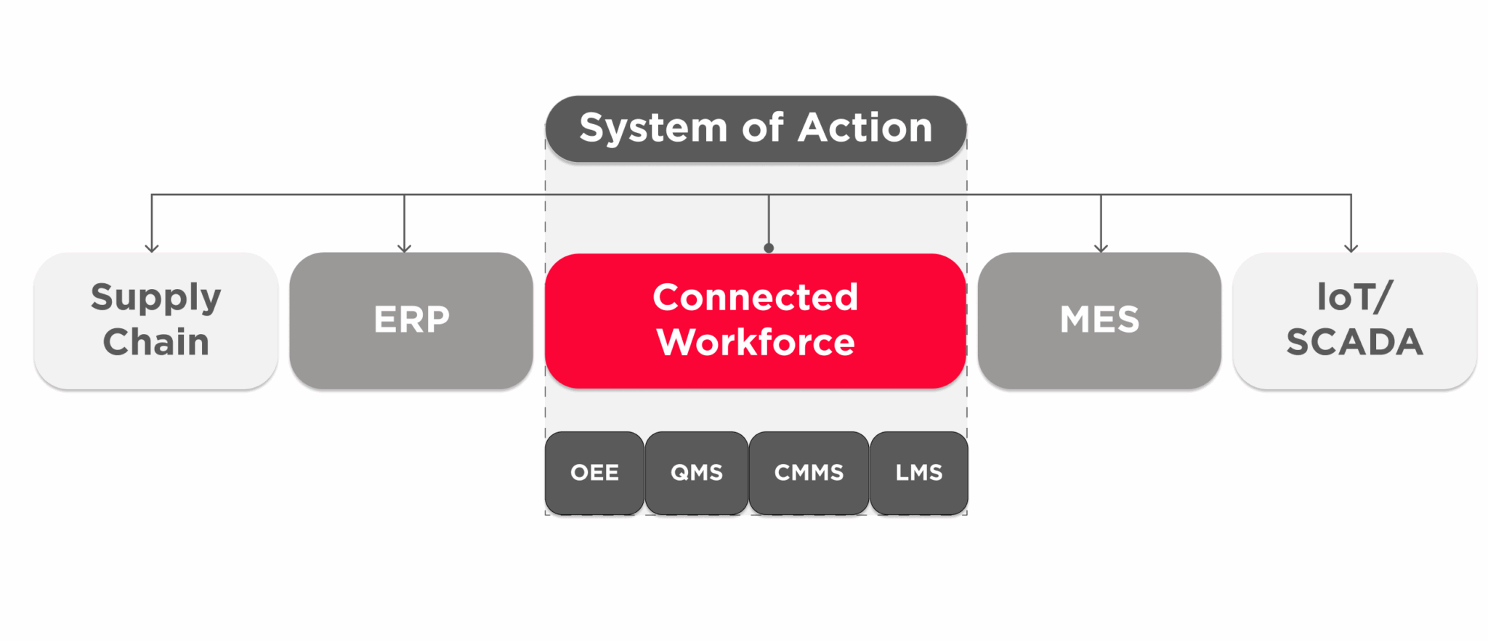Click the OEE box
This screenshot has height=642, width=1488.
click(594, 473)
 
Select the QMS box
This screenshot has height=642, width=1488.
click(696, 473)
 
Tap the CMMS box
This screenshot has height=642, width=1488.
click(809, 473)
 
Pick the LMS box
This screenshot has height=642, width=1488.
click(918, 473)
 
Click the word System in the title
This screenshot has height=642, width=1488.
click(652, 129)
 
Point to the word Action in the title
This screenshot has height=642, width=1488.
click(865, 128)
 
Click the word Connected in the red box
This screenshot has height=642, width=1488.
click(755, 297)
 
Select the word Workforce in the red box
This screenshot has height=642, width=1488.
click(756, 342)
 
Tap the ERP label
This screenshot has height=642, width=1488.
click(411, 320)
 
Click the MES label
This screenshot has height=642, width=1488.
click(1099, 320)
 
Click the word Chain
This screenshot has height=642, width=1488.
click(155, 342)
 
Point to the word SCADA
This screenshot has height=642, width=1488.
click(1354, 342)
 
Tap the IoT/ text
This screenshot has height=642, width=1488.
click(1354, 297)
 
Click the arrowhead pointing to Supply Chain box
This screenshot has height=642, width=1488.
click(152, 248)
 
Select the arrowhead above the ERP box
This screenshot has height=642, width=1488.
click(405, 248)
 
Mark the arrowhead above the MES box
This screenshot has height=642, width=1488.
click(1101, 248)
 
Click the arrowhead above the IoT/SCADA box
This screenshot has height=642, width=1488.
click(1351, 248)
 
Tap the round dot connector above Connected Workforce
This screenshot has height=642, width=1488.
click(769, 248)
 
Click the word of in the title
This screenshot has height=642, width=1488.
click(762, 128)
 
